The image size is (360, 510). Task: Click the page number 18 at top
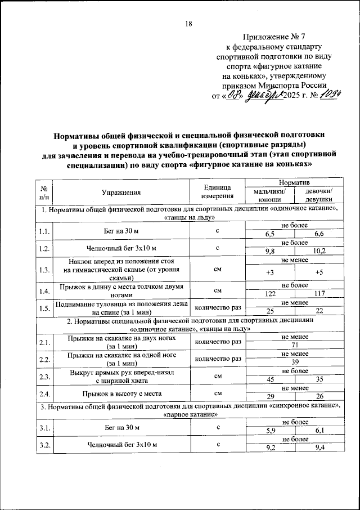point(188,24)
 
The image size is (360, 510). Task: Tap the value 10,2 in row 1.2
point(319,251)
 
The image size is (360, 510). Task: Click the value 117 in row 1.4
point(319,294)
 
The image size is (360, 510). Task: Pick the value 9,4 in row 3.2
point(319,448)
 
